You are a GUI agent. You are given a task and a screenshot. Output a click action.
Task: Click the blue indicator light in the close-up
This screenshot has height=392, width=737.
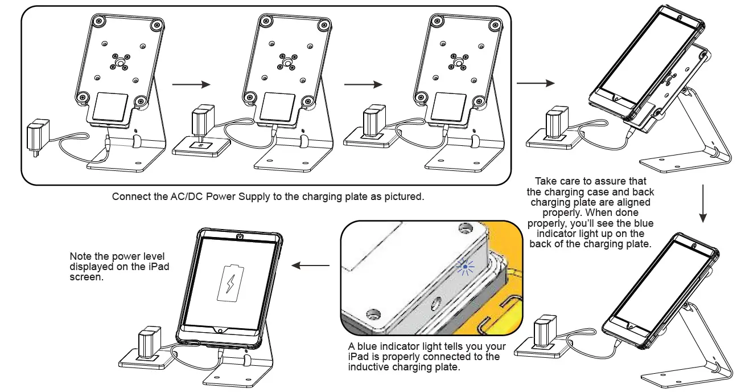[465, 266]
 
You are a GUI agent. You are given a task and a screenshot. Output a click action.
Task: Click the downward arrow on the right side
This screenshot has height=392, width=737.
[703, 203]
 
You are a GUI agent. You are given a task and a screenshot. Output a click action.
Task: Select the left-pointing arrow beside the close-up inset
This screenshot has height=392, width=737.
[310, 266]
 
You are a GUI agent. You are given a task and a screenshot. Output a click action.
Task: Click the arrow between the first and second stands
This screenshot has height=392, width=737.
[191, 85]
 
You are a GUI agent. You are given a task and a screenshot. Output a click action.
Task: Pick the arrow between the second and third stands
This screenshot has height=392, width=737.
[363, 85]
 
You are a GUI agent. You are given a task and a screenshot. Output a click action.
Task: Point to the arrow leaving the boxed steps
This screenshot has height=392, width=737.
[535, 84]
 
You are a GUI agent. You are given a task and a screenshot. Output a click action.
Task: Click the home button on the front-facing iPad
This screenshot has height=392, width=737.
[219, 331]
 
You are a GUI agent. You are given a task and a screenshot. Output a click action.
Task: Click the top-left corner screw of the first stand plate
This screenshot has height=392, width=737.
[99, 21]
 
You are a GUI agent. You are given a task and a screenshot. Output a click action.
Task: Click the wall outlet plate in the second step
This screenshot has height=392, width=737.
[202, 146]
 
